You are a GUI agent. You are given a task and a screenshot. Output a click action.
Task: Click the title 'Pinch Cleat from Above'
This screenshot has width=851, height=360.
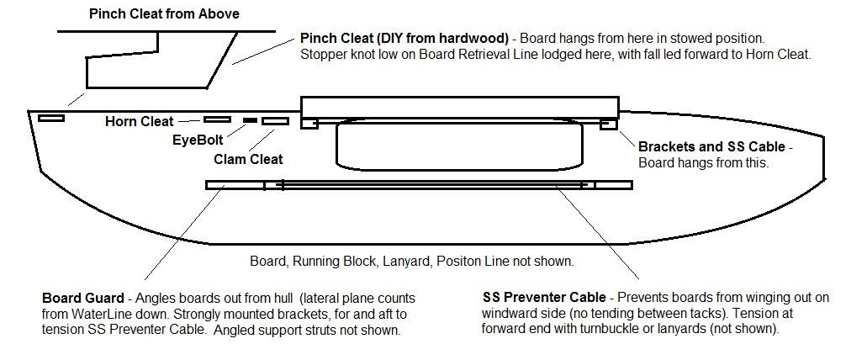pos(164,13)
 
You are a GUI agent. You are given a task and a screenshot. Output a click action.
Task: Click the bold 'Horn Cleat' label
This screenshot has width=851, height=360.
pos(139,121)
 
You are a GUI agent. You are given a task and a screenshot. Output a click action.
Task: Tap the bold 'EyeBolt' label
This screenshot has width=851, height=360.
pos(198,141)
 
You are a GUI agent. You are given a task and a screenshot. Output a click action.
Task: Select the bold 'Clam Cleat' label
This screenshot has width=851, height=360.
pos(248,158)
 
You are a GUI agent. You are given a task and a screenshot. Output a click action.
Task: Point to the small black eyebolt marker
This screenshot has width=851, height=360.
pos(250,121)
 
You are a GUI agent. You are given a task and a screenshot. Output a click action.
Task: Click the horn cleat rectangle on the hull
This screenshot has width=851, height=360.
pos(217,119)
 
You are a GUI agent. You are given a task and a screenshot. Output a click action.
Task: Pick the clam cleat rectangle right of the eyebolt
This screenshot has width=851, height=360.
pos(275,122)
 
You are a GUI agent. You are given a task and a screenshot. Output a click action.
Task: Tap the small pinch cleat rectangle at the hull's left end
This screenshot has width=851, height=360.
pos(51,118)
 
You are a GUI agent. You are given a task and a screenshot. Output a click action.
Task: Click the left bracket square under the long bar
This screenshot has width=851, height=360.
pos(310,124)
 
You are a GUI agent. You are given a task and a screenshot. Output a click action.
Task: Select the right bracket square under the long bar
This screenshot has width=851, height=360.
pos(609,124)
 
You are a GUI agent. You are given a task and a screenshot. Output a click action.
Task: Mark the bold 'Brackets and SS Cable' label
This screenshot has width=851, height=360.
pos(712,146)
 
